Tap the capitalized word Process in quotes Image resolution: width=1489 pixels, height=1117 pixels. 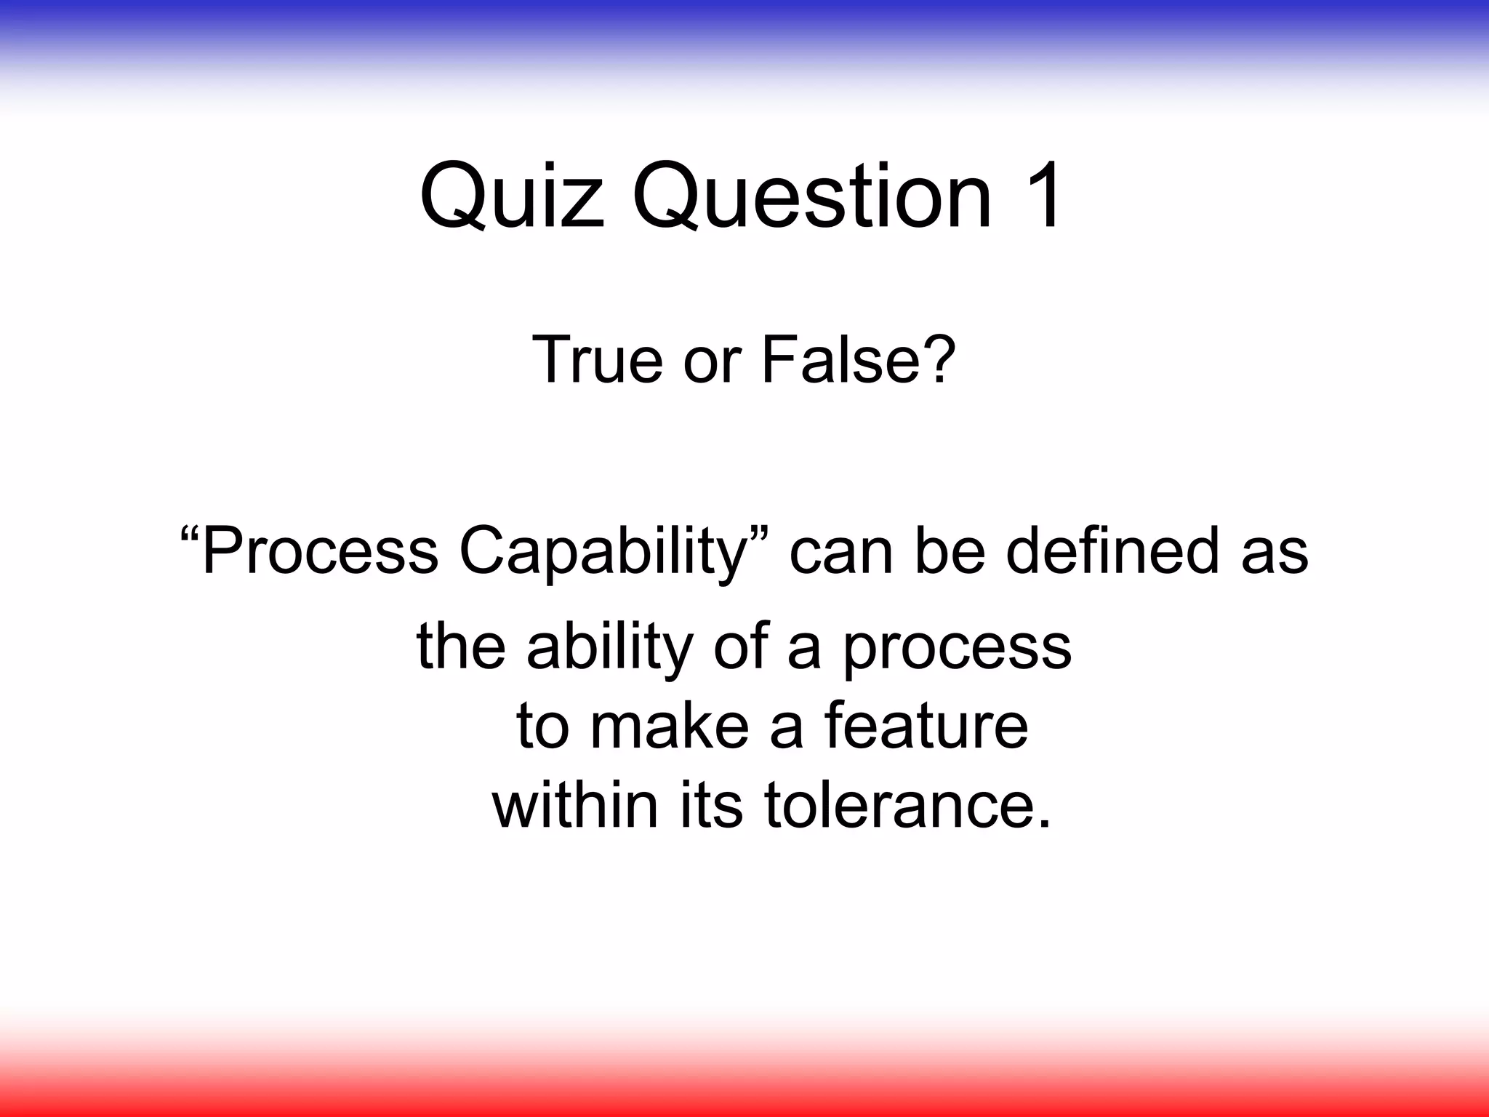coord(319,551)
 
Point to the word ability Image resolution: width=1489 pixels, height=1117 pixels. coord(609,647)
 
